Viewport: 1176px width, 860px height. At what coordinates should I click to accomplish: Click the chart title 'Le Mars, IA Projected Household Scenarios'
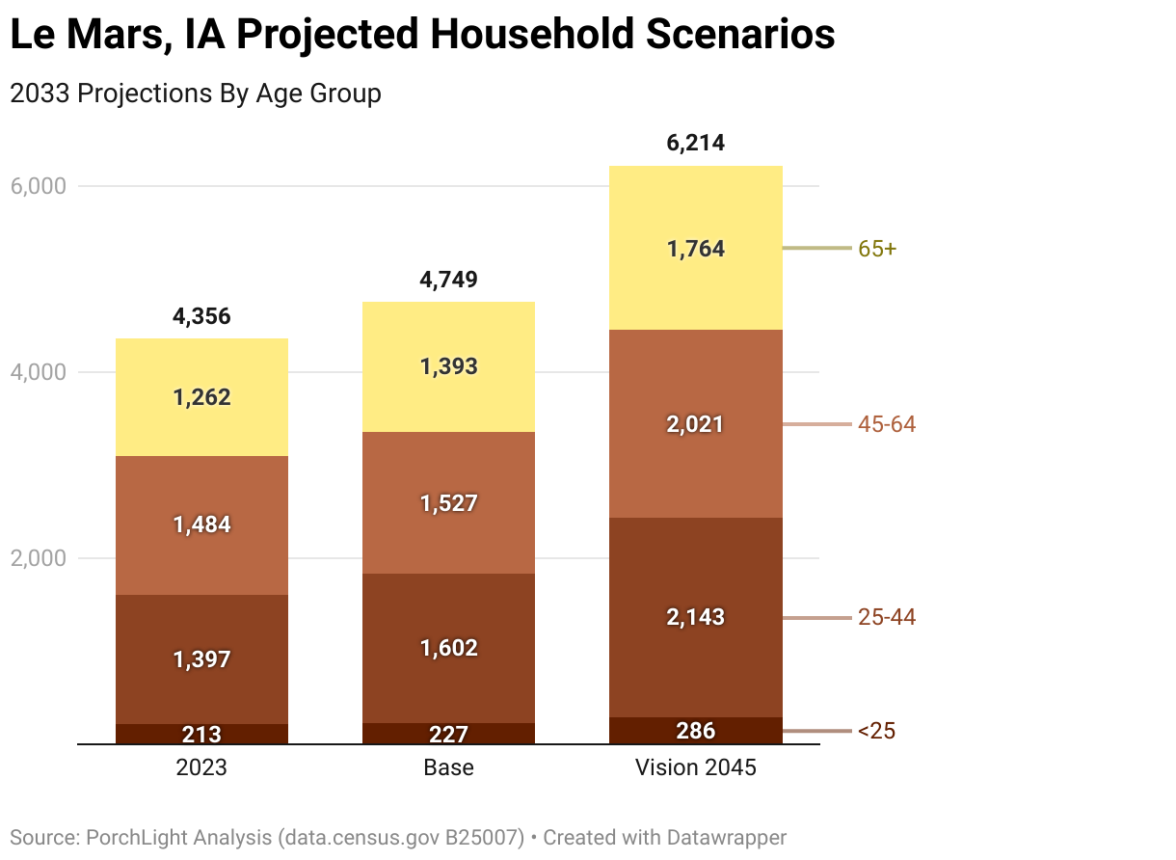click(x=421, y=36)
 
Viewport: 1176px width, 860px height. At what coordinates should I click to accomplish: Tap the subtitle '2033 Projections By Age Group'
click(x=195, y=94)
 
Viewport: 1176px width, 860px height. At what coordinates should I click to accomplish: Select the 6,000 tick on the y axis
click(x=38, y=186)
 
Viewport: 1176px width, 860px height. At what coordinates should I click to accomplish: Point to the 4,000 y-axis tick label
click(x=38, y=372)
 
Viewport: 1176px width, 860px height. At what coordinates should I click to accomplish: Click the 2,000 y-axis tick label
click(x=38, y=558)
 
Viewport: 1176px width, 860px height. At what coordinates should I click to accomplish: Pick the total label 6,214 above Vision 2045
click(x=695, y=144)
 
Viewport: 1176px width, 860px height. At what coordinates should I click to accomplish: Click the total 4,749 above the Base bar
click(x=448, y=281)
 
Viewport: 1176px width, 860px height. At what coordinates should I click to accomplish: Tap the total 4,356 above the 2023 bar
click(x=201, y=316)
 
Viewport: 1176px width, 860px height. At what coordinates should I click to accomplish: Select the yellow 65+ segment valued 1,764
click(x=695, y=249)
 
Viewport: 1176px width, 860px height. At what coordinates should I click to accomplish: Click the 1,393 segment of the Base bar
click(x=448, y=367)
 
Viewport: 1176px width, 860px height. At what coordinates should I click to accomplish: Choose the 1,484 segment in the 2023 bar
click(x=201, y=524)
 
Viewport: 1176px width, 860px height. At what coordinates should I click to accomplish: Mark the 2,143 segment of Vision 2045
click(x=695, y=617)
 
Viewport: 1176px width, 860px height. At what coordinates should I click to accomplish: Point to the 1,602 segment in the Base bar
click(x=448, y=648)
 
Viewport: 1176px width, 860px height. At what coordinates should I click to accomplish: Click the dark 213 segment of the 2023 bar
click(x=201, y=734)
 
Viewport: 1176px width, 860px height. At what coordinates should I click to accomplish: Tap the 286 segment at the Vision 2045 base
click(x=695, y=730)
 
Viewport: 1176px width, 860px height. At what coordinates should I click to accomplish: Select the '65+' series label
click(x=877, y=249)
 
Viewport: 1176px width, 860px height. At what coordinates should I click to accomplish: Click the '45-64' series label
click(x=887, y=424)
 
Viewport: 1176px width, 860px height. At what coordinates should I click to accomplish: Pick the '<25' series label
click(x=876, y=732)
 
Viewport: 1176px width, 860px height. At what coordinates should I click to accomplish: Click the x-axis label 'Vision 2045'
click(x=695, y=768)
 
